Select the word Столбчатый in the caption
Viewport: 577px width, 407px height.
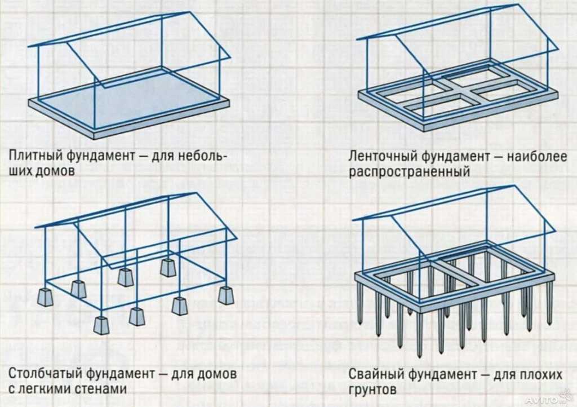pyautogui.click(x=44, y=374)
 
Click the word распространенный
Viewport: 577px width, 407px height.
pyautogui.click(x=409, y=172)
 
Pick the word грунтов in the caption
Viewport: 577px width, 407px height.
pyautogui.click(x=372, y=390)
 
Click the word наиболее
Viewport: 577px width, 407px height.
pyautogui.click(x=537, y=156)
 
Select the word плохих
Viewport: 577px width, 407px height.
pyautogui.click(x=540, y=375)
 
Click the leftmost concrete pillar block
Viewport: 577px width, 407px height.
pyautogui.click(x=45, y=297)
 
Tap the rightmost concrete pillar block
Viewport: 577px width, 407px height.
pyautogui.click(x=227, y=295)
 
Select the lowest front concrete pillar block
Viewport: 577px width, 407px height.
pyautogui.click(x=101, y=325)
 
